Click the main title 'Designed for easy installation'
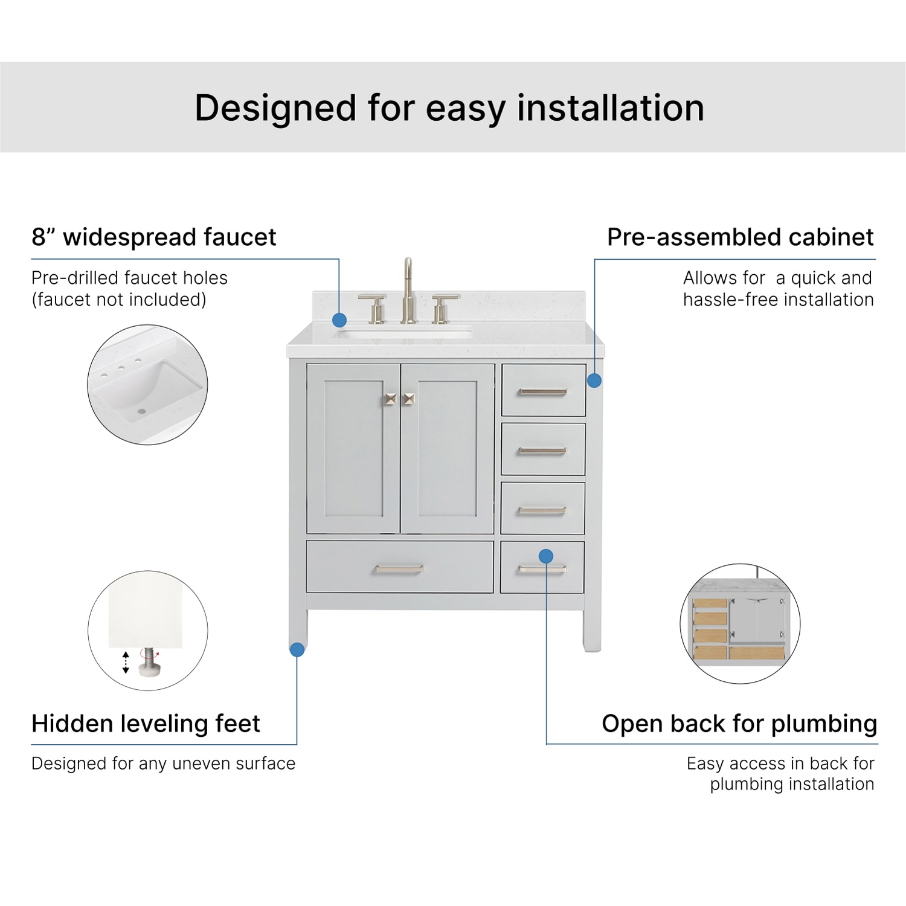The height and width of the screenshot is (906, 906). point(449,108)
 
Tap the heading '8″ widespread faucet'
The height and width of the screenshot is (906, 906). point(153,237)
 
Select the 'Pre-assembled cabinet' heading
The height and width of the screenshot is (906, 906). point(740,237)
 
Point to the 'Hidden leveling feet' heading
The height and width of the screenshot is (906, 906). point(146,723)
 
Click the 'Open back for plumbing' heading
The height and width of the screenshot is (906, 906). point(739,723)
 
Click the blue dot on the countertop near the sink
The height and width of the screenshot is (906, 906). point(339,320)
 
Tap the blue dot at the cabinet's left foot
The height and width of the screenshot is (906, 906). point(297,649)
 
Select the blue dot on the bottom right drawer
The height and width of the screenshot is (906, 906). point(546,556)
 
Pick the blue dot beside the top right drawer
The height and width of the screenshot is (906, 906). point(594,380)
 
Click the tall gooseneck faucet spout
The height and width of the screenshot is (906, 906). point(408,284)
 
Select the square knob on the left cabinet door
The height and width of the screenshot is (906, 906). point(390,399)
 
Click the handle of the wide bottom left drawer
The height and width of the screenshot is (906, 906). point(399,569)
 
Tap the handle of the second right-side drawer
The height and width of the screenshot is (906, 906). point(542,451)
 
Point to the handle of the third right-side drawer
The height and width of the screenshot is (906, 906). point(542,511)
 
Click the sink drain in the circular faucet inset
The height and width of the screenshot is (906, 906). point(141,411)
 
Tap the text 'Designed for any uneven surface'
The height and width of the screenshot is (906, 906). point(163,763)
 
